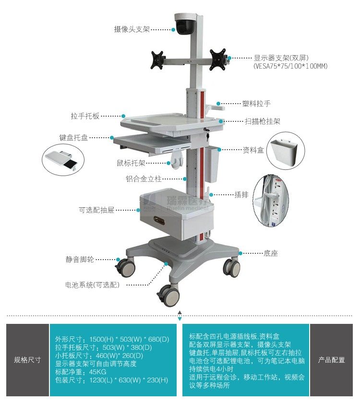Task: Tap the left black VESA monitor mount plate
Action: point(157,60)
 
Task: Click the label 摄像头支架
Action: point(132,29)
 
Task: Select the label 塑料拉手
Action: point(256,104)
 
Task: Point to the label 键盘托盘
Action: point(74,138)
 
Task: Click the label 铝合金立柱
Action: point(144,179)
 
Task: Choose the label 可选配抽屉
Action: point(96,210)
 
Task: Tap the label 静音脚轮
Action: point(80,260)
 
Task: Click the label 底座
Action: point(271,253)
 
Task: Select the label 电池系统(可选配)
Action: point(92,285)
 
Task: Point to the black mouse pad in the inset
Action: point(71,163)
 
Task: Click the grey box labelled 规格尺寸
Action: point(27,360)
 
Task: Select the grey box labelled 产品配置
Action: point(331,360)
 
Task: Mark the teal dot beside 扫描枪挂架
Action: point(221,121)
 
